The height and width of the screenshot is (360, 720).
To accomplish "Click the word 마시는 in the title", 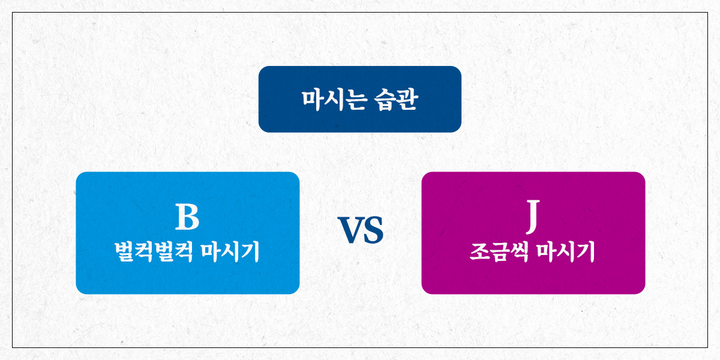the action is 334,100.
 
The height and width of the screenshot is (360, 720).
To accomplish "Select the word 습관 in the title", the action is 396,100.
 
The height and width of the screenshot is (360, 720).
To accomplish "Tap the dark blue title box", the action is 359,99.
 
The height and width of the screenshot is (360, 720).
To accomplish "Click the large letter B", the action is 187,217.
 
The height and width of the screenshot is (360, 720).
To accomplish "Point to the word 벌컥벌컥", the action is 154,252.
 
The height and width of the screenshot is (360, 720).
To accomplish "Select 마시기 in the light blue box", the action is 230,252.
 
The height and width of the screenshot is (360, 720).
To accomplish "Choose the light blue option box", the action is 188,233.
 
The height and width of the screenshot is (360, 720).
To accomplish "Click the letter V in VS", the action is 350,230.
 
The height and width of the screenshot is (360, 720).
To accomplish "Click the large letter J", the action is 533,216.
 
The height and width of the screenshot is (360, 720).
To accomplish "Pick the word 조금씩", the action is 499,252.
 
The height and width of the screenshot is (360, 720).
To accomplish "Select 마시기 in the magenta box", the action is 566,252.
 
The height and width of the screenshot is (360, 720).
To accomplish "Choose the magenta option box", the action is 533,233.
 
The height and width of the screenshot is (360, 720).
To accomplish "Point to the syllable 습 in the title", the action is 385,100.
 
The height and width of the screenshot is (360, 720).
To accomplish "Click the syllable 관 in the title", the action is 407,100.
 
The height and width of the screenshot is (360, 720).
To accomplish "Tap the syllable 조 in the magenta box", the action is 479,252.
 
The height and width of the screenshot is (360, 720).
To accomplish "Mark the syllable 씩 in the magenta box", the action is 519,252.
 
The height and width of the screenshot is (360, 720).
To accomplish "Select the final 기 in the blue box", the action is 250,252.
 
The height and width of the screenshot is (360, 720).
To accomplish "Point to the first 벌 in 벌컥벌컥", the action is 124,252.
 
